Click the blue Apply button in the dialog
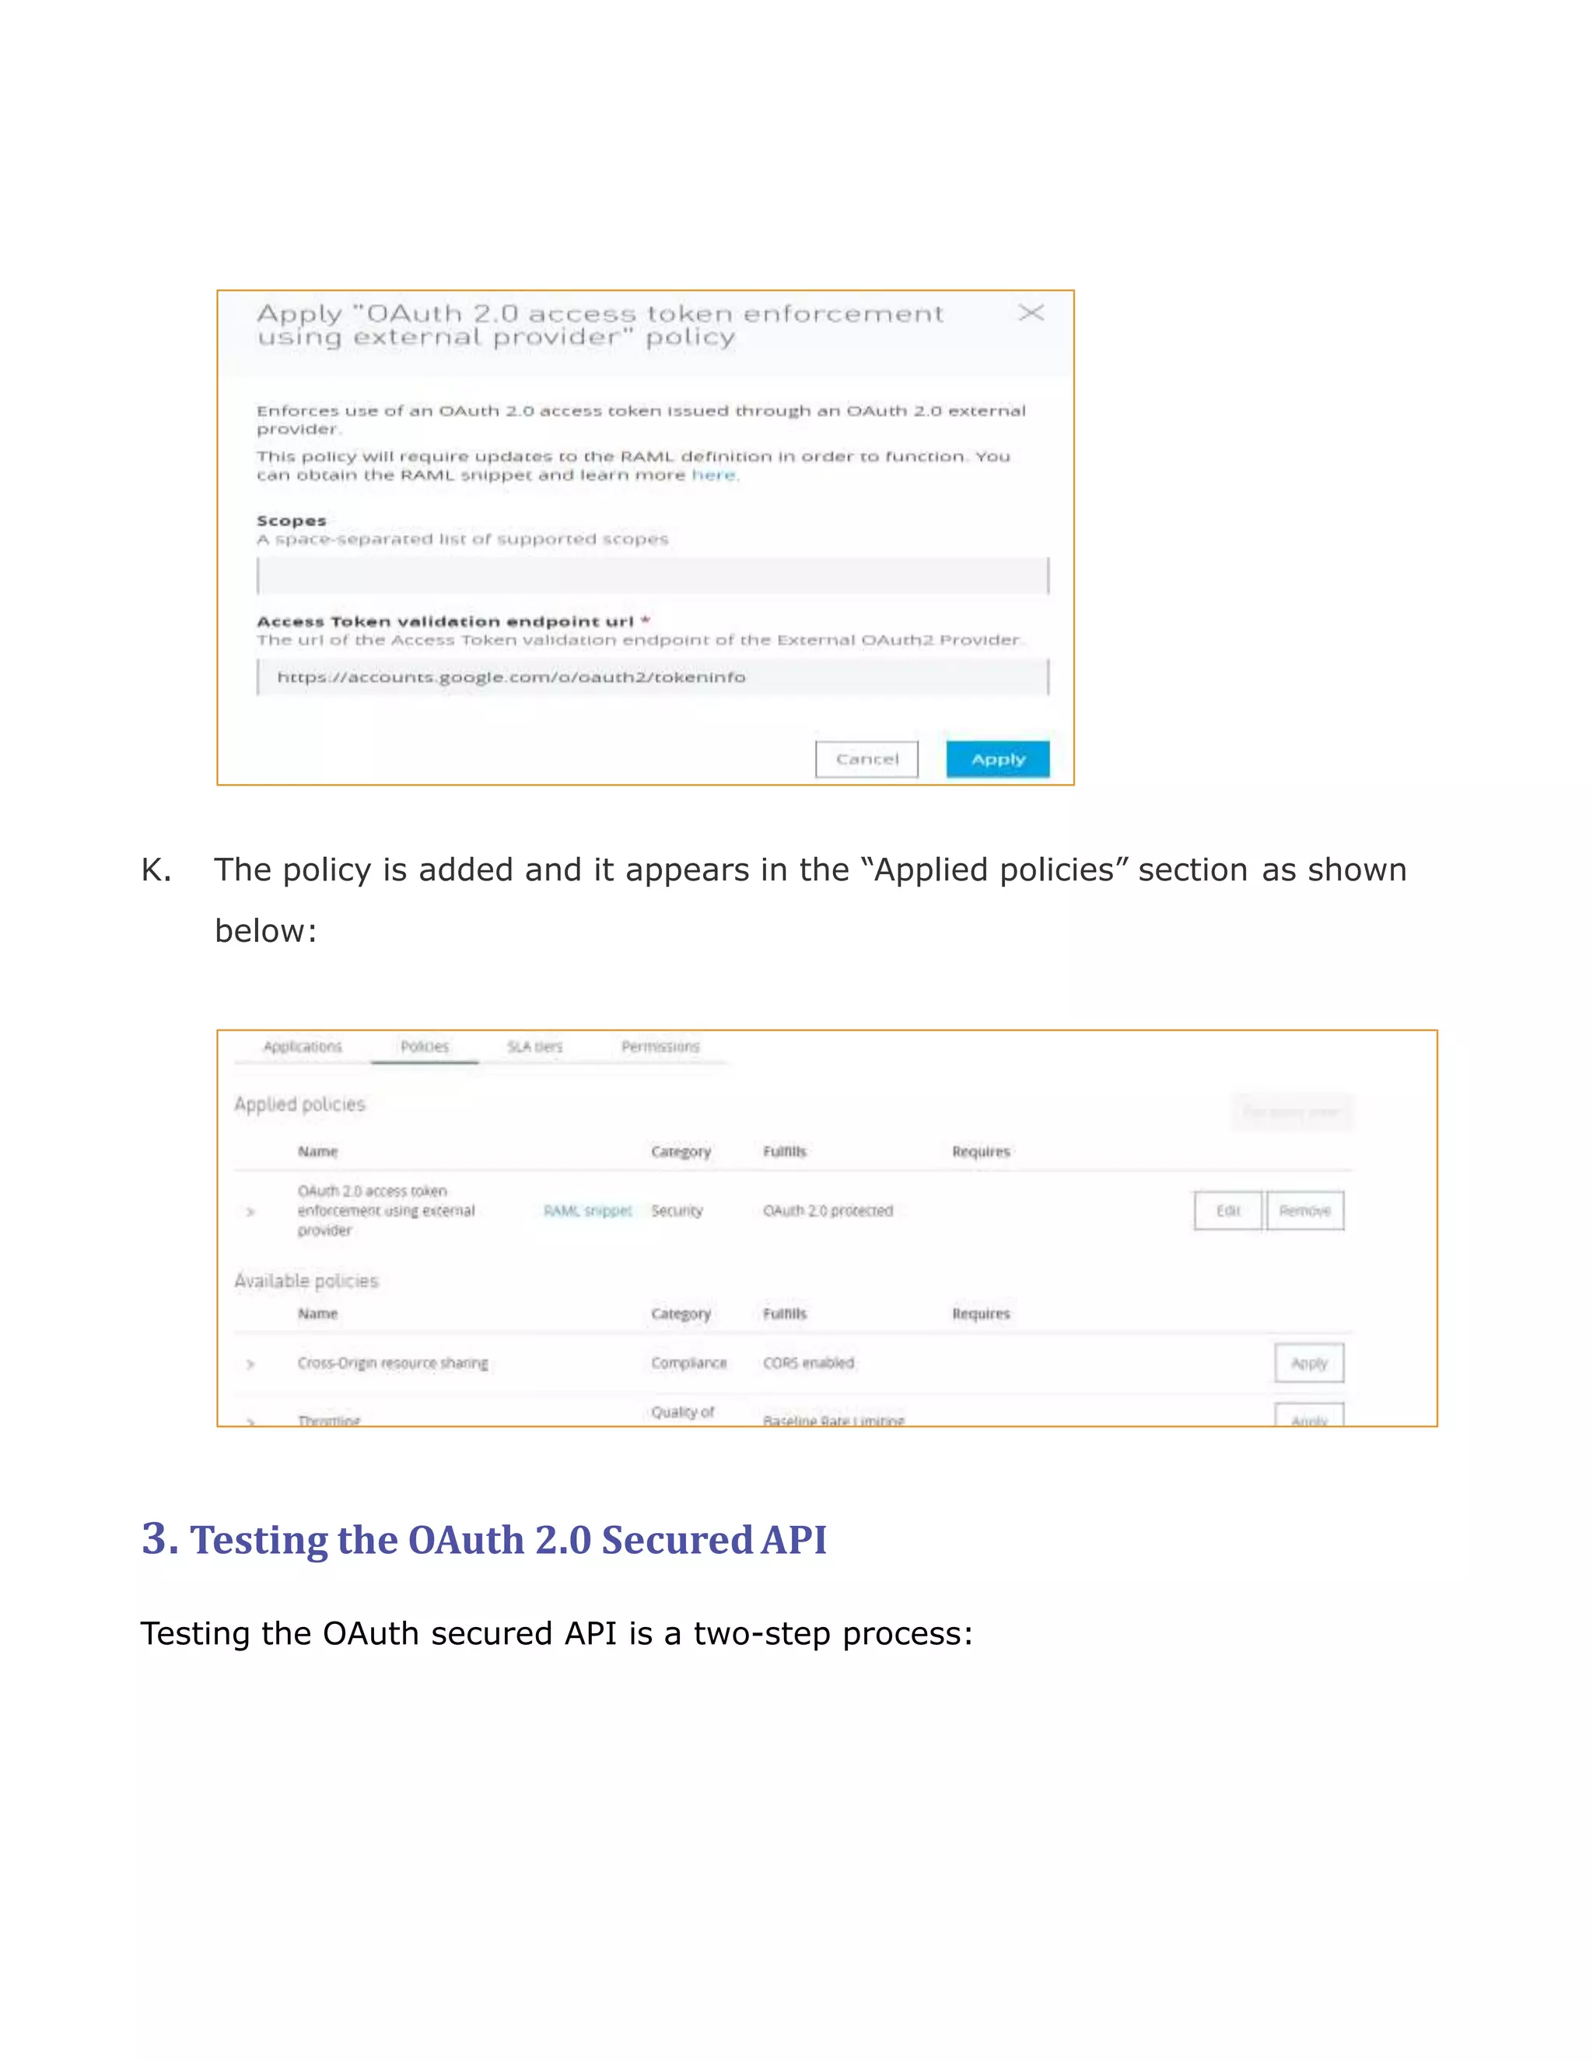coord(997,759)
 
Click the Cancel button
coord(867,759)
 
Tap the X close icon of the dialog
coord(1031,313)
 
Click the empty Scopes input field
coord(652,576)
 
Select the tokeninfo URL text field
coord(652,677)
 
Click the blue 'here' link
coord(712,474)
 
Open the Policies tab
coord(425,1047)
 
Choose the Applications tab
coord(303,1047)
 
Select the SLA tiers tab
coord(534,1047)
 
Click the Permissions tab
coord(660,1047)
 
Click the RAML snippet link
coord(587,1211)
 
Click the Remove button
coord(1304,1211)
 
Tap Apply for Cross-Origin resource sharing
coord(1308,1363)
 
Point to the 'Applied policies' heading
coord(300,1104)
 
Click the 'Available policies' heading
coord(306,1281)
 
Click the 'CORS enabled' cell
coord(809,1363)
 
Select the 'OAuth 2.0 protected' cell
coord(828,1211)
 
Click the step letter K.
coord(156,870)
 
